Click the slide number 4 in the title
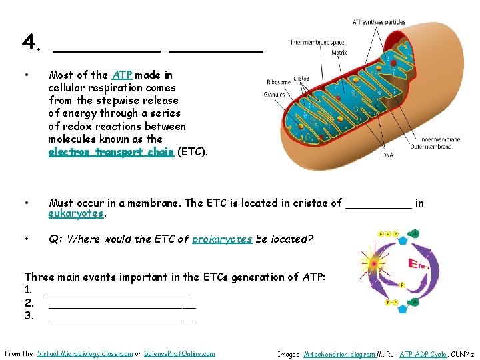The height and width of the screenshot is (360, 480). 29,43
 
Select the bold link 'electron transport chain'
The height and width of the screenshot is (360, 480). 111,151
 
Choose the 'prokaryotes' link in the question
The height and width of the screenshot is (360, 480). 222,239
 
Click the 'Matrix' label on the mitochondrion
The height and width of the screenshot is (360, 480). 339,52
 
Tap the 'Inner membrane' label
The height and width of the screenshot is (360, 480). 441,140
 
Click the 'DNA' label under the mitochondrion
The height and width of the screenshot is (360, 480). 387,155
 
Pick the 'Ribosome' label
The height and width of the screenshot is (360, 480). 278,82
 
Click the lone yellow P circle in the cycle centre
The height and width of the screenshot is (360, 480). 403,285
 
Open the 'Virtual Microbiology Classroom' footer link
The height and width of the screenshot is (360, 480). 85,353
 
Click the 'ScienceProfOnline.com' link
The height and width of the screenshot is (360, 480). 179,353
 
